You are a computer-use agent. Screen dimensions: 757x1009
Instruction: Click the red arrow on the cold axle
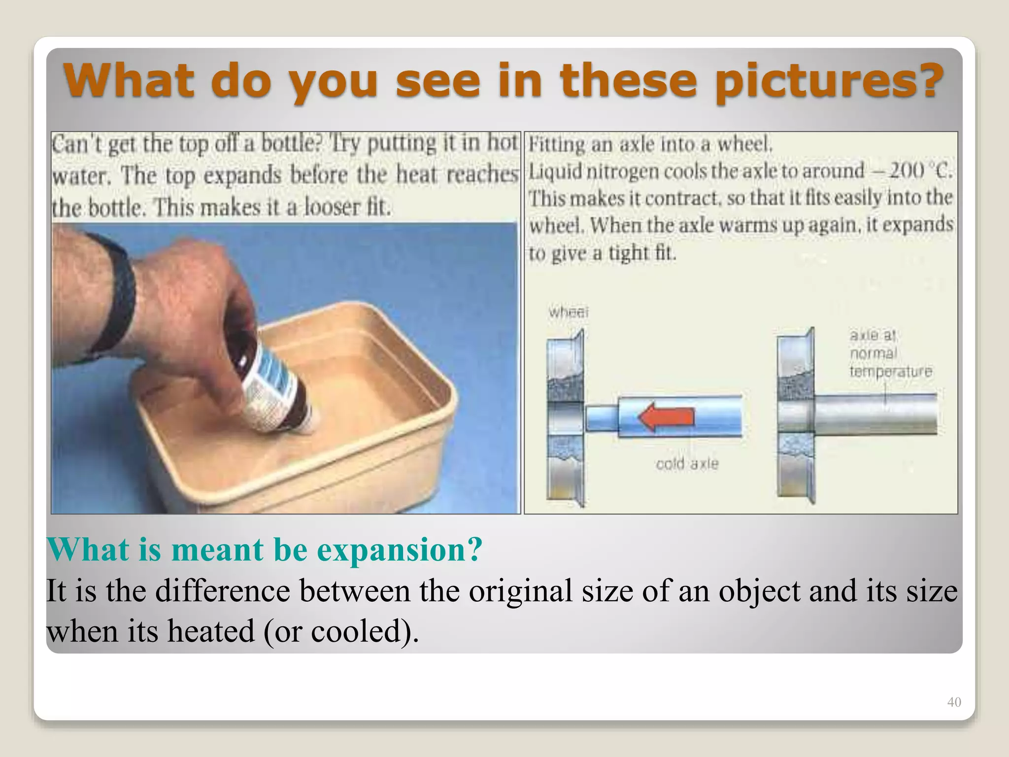click(x=666, y=417)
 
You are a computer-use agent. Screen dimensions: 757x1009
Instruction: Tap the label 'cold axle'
click(x=687, y=464)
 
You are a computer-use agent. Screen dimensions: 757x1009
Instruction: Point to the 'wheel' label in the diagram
click(x=569, y=311)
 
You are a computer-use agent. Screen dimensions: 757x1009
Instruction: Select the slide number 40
click(x=954, y=702)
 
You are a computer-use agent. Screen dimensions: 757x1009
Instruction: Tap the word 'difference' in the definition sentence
click(x=222, y=590)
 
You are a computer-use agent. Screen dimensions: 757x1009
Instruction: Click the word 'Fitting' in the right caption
click(x=557, y=144)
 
